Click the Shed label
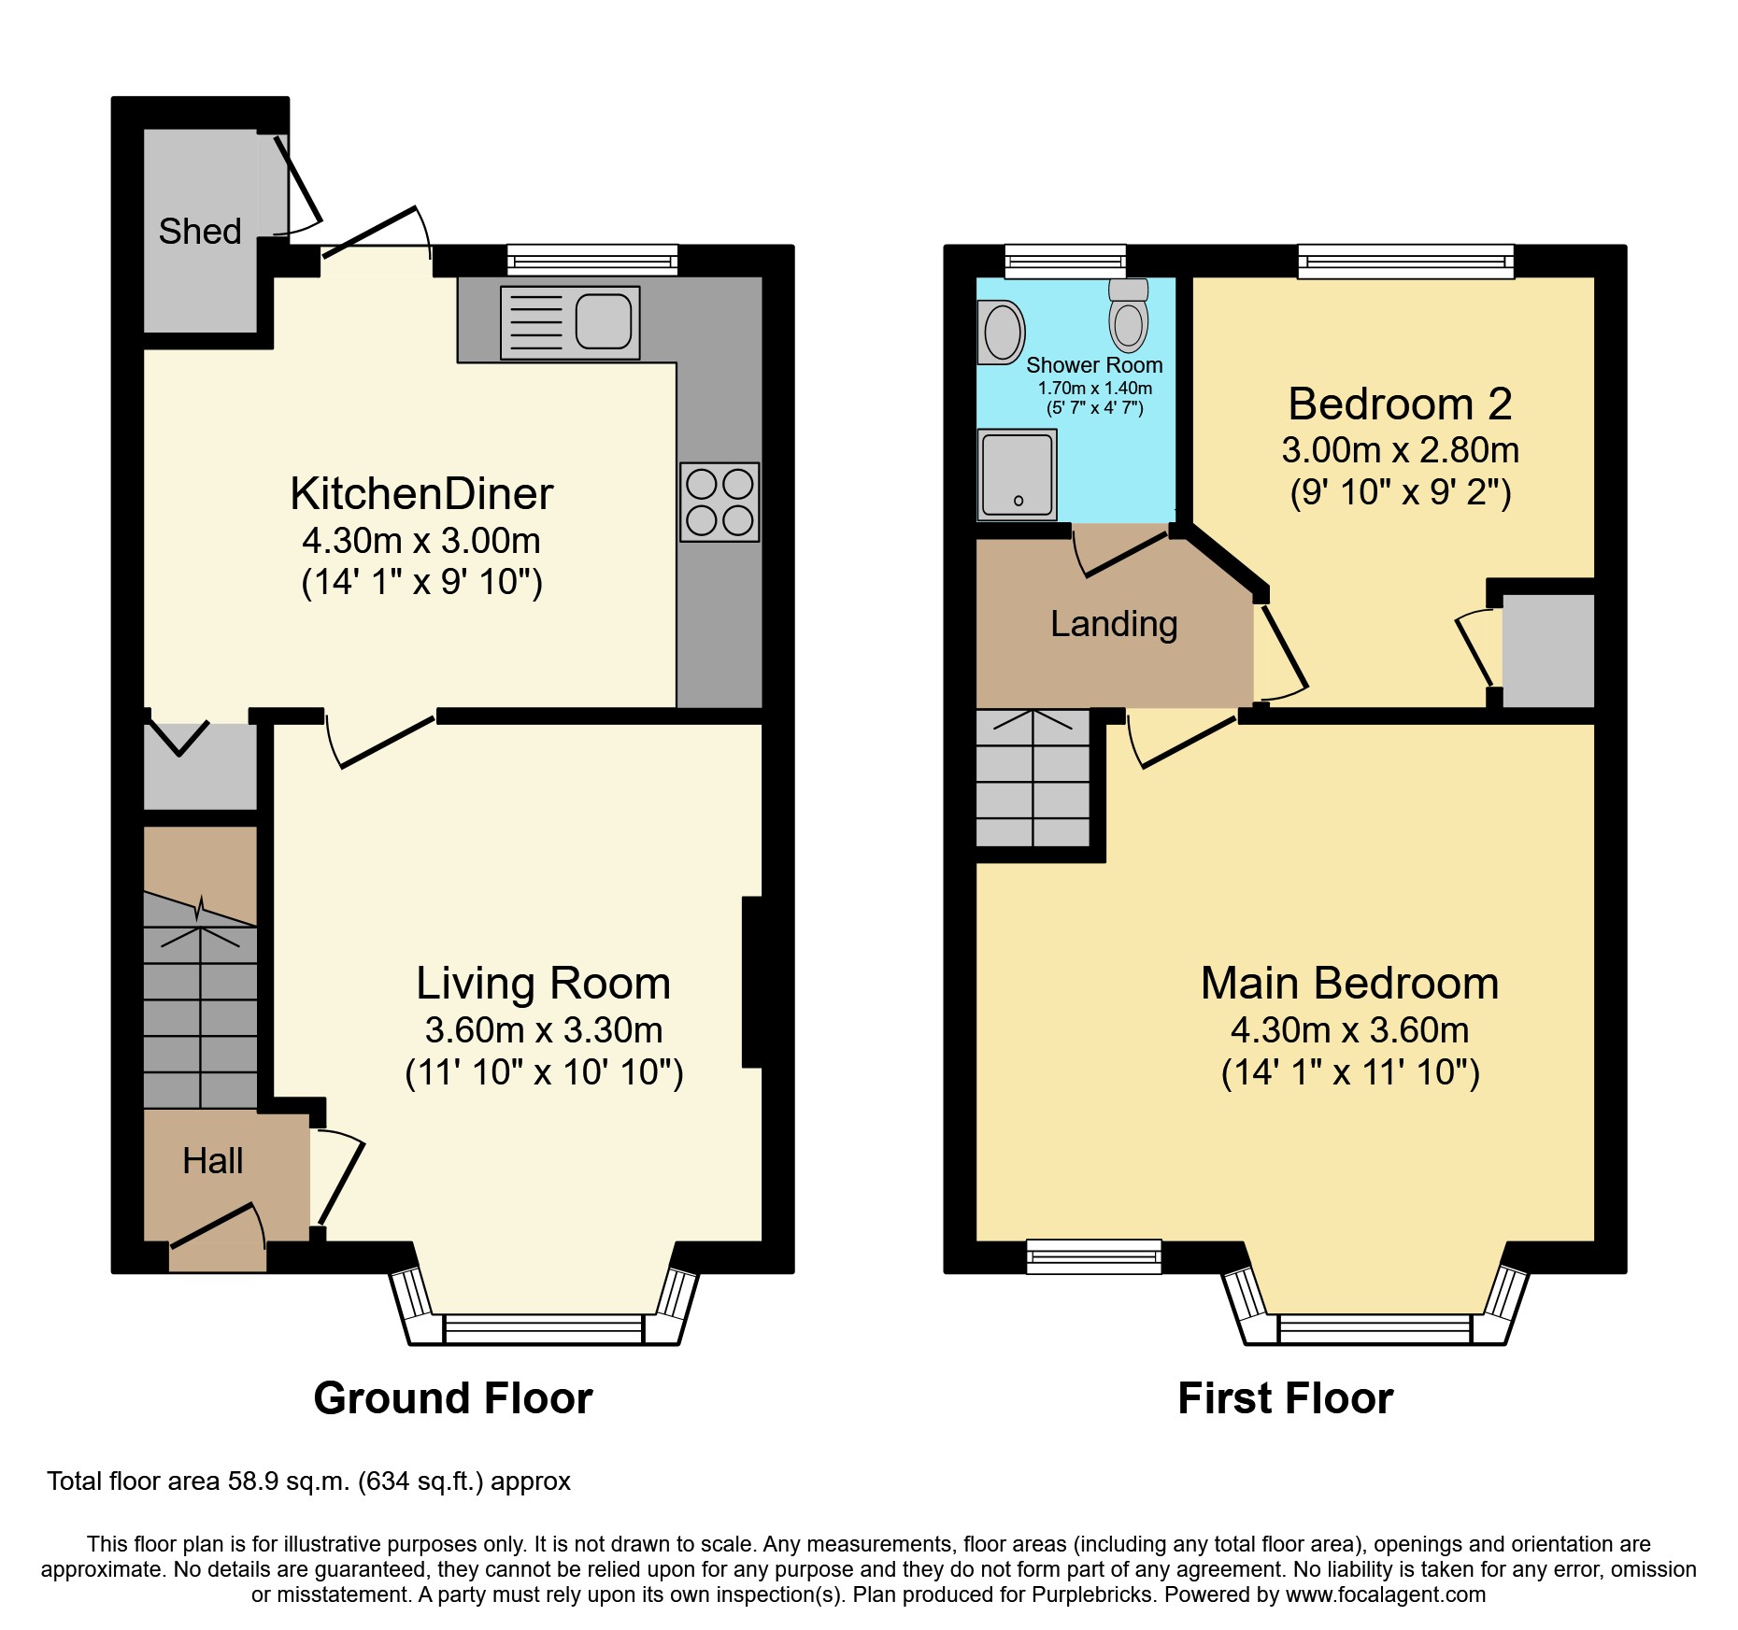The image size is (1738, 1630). pos(199,232)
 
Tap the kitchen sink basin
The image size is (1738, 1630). pos(604,320)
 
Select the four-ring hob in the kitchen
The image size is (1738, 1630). pos(719,503)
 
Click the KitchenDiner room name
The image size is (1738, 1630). pos(421,493)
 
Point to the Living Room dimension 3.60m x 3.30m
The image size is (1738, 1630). pos(544,1030)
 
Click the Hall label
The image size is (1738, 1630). pos(213,1161)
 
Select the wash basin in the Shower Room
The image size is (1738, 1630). pos(1002,333)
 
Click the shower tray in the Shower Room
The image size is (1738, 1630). pos(1017,475)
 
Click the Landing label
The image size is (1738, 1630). pos(1114,624)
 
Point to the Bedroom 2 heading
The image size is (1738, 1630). pos(1400,404)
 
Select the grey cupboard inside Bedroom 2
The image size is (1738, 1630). pos(1547,650)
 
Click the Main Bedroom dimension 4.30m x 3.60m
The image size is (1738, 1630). pos(1349,1030)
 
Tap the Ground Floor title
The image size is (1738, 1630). pos(453,1398)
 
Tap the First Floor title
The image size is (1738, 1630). pos(1285,1398)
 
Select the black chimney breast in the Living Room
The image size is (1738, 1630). pos(753,981)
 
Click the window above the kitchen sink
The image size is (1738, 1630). pos(592,260)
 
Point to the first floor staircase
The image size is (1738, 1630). pos(1033,778)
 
